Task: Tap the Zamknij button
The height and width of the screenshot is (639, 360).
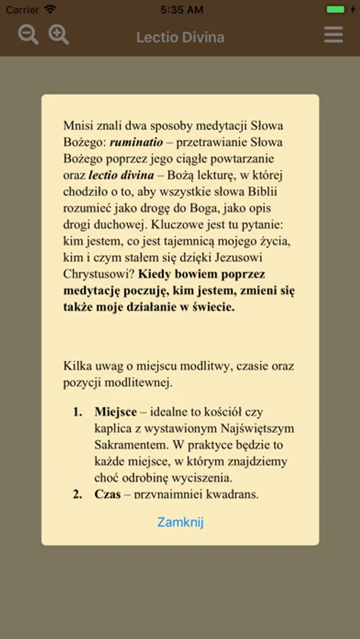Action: pyautogui.click(x=180, y=522)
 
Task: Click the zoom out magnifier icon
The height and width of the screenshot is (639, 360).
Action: pyautogui.click(x=28, y=34)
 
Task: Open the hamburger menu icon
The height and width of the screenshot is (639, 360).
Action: pyautogui.click(x=333, y=34)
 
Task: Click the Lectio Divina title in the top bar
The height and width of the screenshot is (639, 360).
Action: pyautogui.click(x=180, y=37)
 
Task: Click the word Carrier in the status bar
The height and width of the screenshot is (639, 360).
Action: pyautogui.click(x=23, y=10)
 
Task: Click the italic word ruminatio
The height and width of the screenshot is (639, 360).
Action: pyautogui.click(x=136, y=142)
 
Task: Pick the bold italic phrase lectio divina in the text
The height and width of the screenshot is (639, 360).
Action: pyautogui.click(x=121, y=175)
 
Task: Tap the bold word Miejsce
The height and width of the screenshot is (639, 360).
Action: pyautogui.click(x=116, y=412)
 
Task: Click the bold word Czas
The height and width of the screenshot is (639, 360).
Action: pyautogui.click(x=108, y=493)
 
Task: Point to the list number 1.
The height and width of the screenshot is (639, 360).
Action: pyautogui.click(x=77, y=412)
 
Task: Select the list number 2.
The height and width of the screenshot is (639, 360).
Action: pyautogui.click(x=77, y=493)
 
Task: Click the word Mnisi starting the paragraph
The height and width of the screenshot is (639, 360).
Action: pyautogui.click(x=77, y=126)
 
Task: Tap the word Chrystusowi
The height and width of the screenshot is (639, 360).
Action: pyautogui.click(x=96, y=273)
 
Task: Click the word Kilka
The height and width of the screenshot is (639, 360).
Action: pyautogui.click(x=77, y=366)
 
